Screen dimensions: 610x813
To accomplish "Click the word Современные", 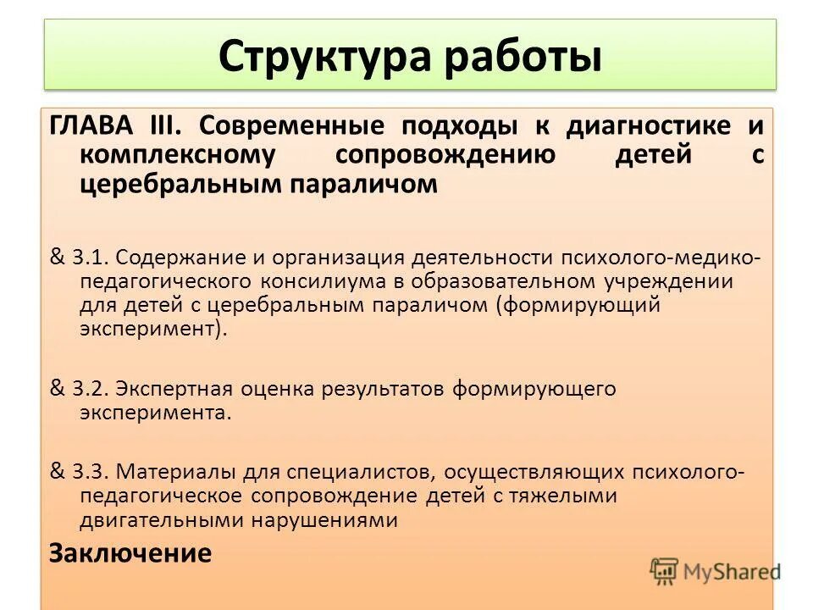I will pos(290,127).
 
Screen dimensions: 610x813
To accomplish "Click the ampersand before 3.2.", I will pos(58,389).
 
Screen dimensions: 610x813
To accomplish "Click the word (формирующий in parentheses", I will pos(578,305).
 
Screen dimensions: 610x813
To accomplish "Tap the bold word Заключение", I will pos(130,553).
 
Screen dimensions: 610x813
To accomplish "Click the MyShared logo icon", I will pos(665,570).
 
